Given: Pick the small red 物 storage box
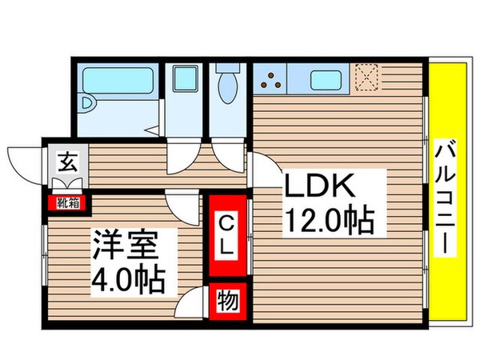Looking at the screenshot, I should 226,302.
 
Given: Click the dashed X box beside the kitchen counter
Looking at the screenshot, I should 367,78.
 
